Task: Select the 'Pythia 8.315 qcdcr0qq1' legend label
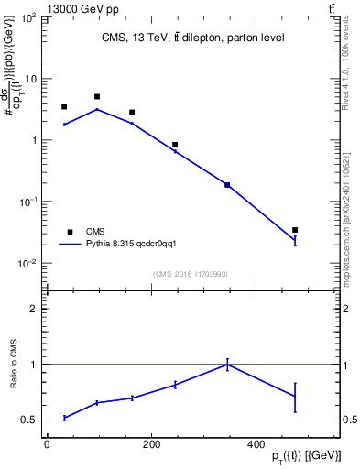pyautogui.click(x=124, y=245)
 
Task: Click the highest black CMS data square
pyautogui.click(x=97, y=96)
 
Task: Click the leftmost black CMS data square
pyautogui.click(x=64, y=107)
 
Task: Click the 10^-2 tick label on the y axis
pyautogui.click(x=29, y=264)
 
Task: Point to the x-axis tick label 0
pyautogui.click(x=47, y=444)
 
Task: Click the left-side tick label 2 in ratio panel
pyautogui.click(x=34, y=310)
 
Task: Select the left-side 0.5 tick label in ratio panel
pyautogui.click(x=30, y=420)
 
